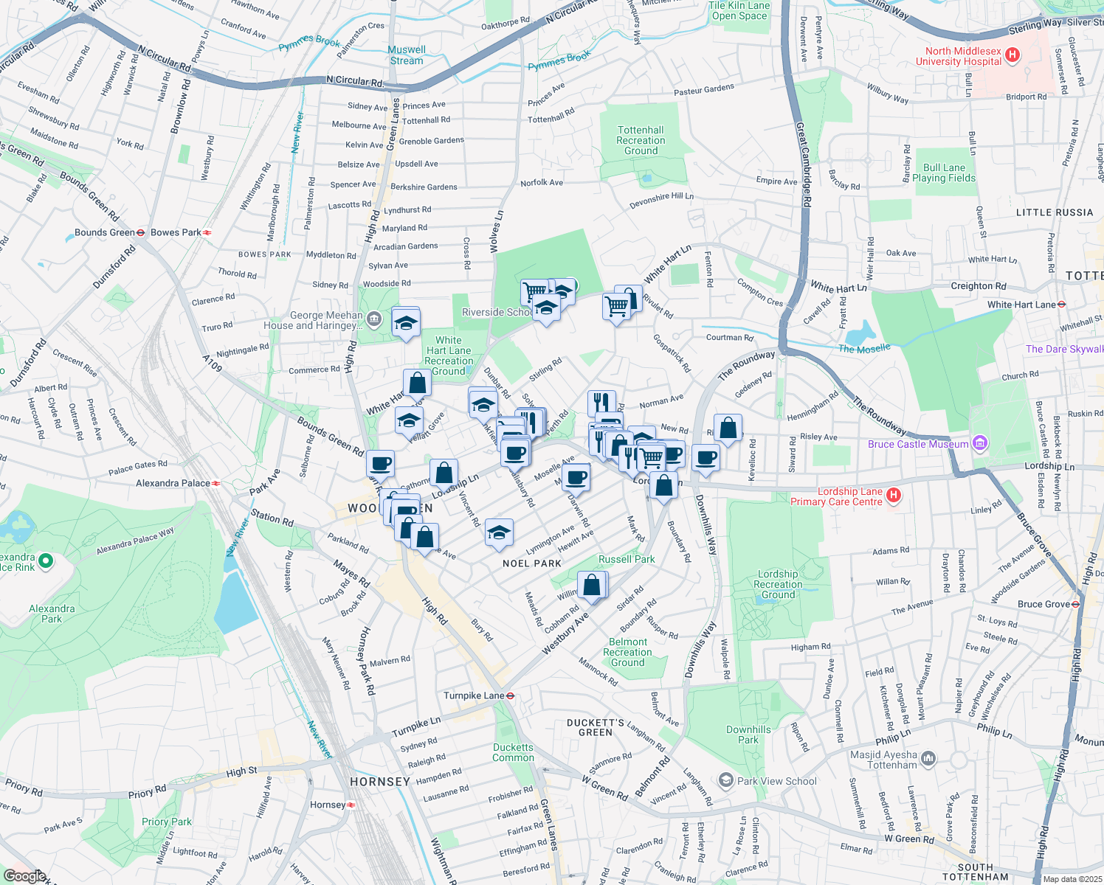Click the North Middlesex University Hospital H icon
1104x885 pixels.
coord(1012,55)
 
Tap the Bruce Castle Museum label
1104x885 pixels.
coord(918,444)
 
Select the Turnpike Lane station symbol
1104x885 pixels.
coord(510,695)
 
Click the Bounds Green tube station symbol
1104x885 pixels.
coord(141,232)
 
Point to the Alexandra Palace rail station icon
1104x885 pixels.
coord(216,483)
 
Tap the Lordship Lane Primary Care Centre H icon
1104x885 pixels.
coord(894,496)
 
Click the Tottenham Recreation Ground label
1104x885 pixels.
coord(641,140)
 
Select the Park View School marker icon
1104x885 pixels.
coord(726,780)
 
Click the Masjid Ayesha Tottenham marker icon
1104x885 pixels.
coord(928,757)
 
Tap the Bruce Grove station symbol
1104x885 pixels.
coord(1075,604)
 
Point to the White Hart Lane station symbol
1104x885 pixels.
coord(1061,304)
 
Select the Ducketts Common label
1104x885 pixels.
coord(513,752)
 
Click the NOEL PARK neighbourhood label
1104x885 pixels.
coord(532,563)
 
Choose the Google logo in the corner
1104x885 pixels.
coord(24,875)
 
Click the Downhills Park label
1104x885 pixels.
coord(748,735)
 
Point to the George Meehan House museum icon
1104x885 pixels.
coord(374,319)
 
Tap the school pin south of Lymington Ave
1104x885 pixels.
coord(499,532)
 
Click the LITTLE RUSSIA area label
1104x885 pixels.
coord(1054,212)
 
